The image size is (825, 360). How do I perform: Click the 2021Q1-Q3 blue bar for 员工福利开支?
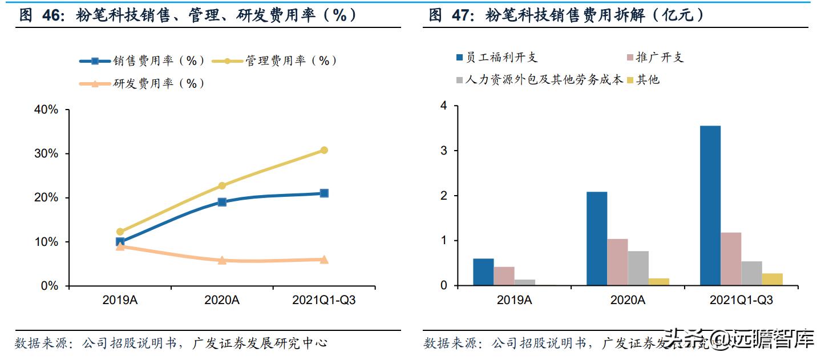[x=710, y=205]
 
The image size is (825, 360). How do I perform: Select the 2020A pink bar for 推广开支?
[x=617, y=262]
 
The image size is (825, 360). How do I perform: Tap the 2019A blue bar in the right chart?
[x=483, y=272]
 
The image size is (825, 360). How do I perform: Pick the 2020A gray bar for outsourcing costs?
[x=638, y=268]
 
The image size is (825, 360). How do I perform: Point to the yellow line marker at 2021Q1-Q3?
[x=324, y=150]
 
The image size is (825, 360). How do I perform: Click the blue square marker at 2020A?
[x=222, y=202]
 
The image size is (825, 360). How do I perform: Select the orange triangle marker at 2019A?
[x=120, y=246]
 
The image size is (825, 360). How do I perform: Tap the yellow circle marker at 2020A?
[x=222, y=185]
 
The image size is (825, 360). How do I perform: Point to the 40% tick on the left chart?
[x=46, y=110]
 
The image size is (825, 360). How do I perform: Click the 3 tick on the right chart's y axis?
[x=443, y=151]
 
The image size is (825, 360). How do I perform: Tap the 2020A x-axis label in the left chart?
[x=222, y=300]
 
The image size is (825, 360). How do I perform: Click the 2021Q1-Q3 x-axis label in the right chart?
[x=741, y=300]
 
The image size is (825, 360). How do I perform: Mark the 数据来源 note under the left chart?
[x=171, y=343]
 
